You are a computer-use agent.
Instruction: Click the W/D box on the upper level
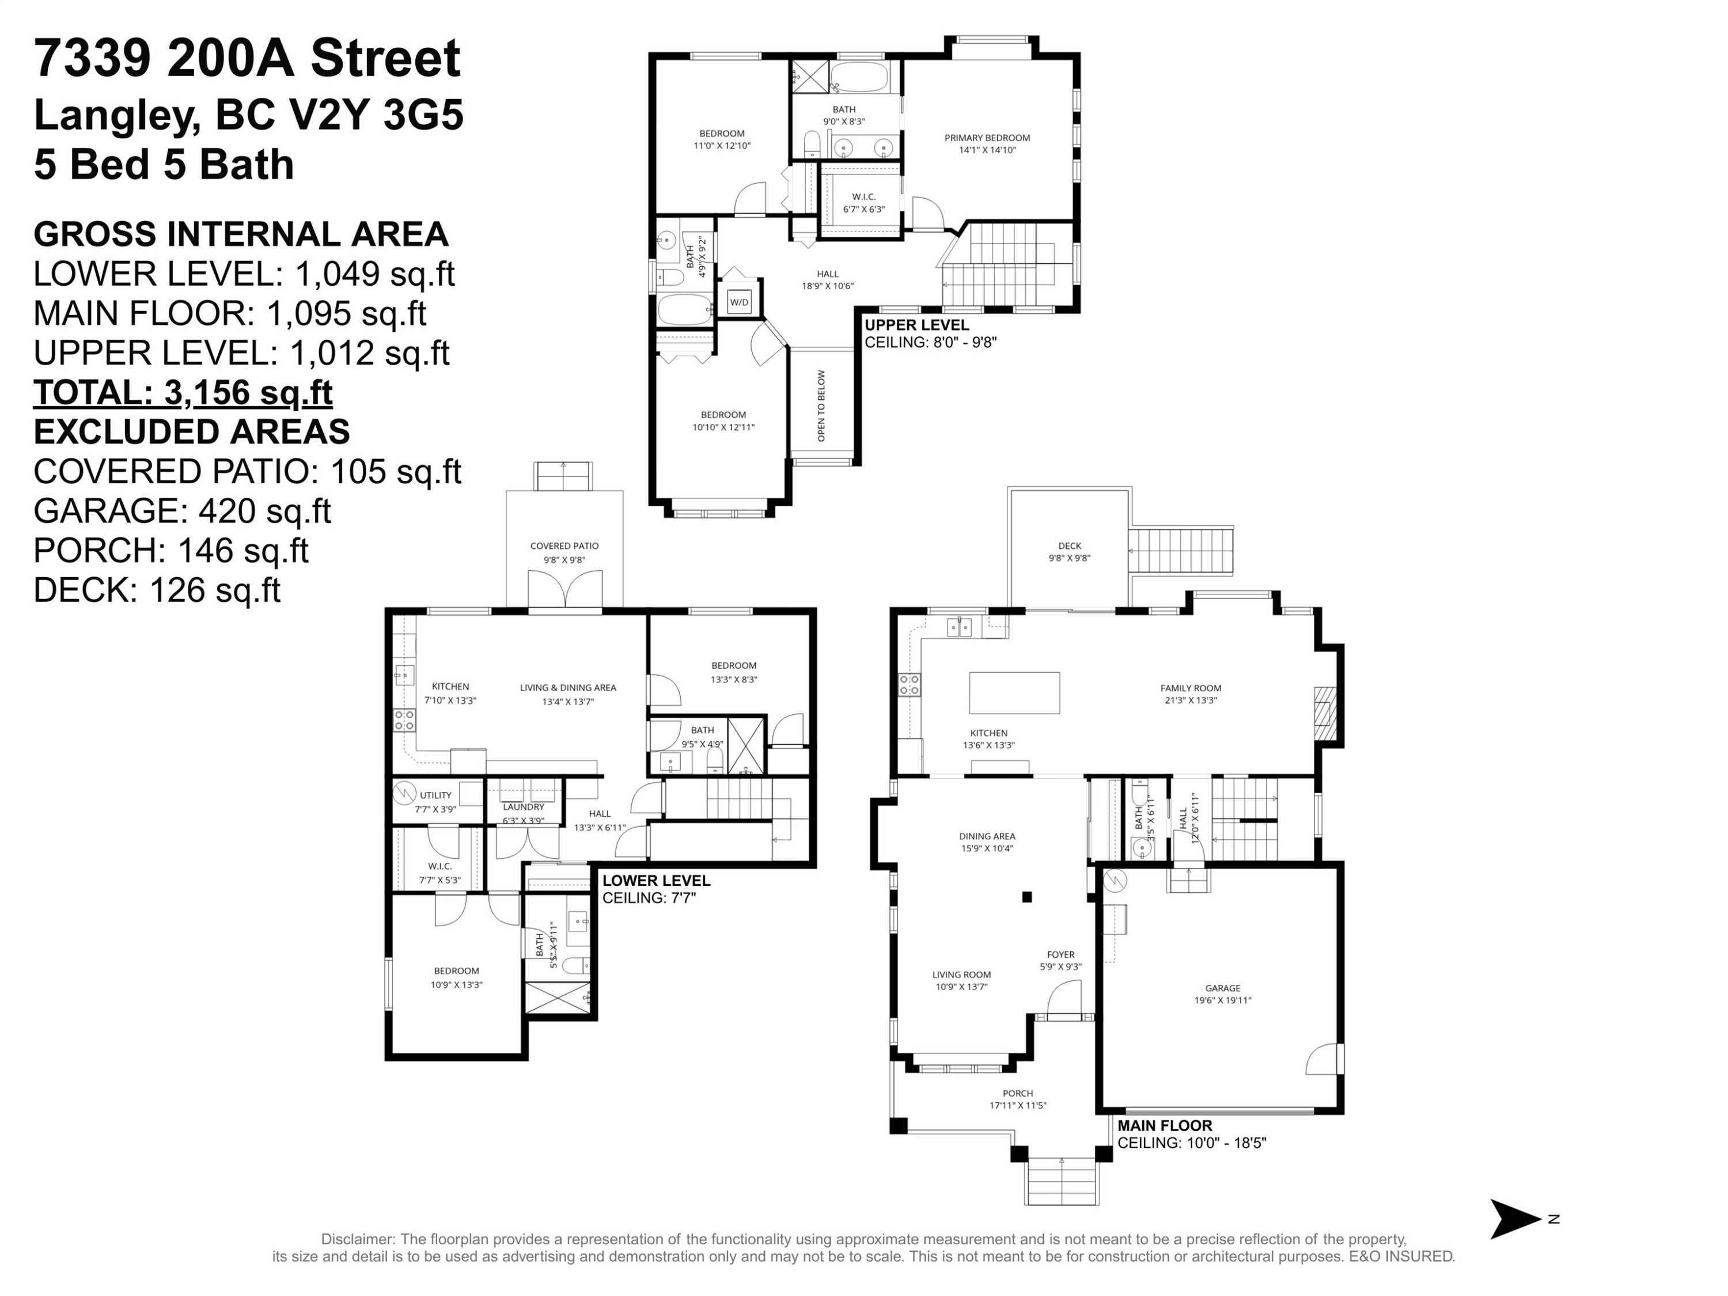click(738, 302)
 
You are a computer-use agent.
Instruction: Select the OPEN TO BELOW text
click(821, 406)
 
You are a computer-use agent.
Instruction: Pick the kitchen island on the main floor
click(1014, 692)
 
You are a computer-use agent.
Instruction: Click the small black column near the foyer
click(1027, 897)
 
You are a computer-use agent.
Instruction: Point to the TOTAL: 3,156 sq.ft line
click(183, 392)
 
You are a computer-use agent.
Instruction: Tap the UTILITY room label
click(435, 795)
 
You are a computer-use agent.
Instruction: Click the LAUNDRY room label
click(524, 807)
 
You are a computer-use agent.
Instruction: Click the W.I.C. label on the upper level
click(863, 197)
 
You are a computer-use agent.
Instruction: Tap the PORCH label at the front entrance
click(1017, 1094)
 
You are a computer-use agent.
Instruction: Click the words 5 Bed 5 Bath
click(164, 165)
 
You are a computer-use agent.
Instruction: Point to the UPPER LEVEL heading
click(916, 325)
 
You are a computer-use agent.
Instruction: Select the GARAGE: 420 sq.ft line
click(182, 511)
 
